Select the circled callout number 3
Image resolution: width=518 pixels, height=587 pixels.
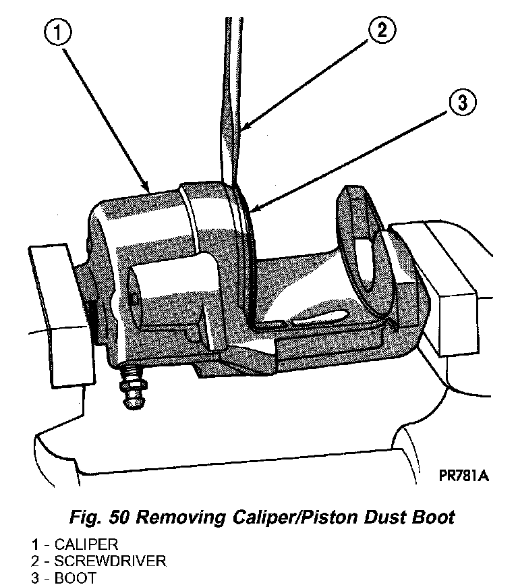coord(461,103)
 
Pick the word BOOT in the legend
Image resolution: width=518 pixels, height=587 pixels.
coord(74,578)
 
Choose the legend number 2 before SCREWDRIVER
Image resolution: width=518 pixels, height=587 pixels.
coord(33,561)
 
